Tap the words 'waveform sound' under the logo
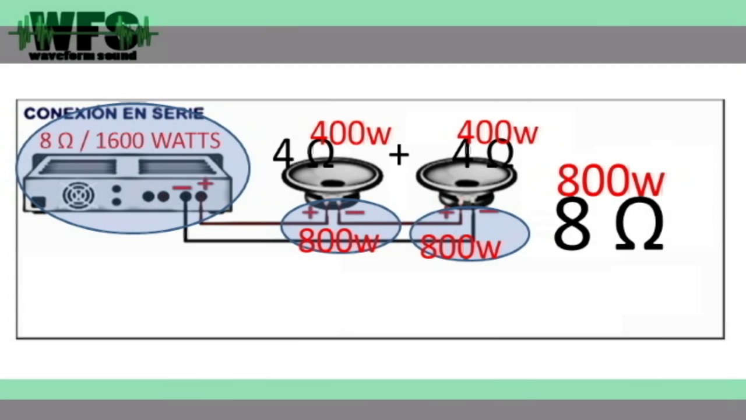pos(83,56)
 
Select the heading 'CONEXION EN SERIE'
pos(114,113)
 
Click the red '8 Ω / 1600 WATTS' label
pos(130,141)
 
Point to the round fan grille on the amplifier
pos(79,195)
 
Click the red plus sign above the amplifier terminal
pos(205,184)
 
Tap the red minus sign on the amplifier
pos(182,188)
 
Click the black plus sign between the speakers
pos(399,155)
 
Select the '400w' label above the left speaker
pos(350,132)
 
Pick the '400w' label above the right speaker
pos(498,132)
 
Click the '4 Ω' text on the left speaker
pos(303,155)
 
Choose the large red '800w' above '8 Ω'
pos(611,181)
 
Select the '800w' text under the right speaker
pos(461,247)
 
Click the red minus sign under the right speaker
pos(488,211)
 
